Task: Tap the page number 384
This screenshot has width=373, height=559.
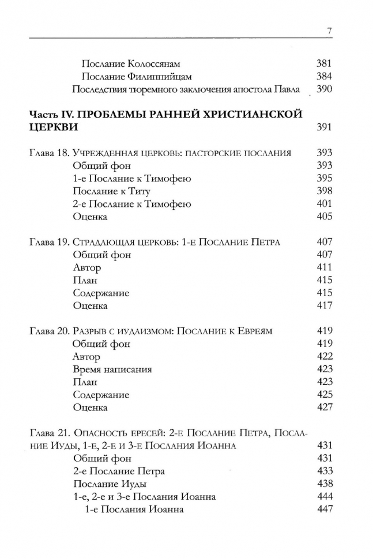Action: [325, 77]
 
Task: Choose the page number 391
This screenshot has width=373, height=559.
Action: [325, 127]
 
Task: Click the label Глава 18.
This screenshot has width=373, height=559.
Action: [50, 153]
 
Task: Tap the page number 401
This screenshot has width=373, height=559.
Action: [325, 204]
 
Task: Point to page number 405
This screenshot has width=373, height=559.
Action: [325, 217]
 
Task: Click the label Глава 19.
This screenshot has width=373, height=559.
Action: [50, 242]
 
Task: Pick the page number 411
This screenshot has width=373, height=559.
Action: [325, 267]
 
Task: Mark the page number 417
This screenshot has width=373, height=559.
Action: [325, 305]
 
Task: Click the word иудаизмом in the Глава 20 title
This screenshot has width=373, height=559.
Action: [143, 331]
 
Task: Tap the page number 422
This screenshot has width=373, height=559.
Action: [325, 357]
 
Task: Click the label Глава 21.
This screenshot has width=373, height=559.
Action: [50, 433]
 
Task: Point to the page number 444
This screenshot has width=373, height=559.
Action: [325, 497]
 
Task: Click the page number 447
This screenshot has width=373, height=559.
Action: [325, 509]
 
